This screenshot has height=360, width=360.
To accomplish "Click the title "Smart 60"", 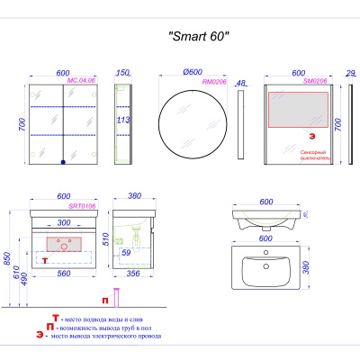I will (199, 38).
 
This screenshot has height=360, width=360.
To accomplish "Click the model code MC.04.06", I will (82, 79).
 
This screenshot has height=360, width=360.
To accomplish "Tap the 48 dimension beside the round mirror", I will (239, 84).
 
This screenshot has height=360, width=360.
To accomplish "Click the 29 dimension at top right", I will (350, 72).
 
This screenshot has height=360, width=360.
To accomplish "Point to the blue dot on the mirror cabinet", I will (64, 163).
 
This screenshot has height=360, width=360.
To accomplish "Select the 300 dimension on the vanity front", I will (64, 222).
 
